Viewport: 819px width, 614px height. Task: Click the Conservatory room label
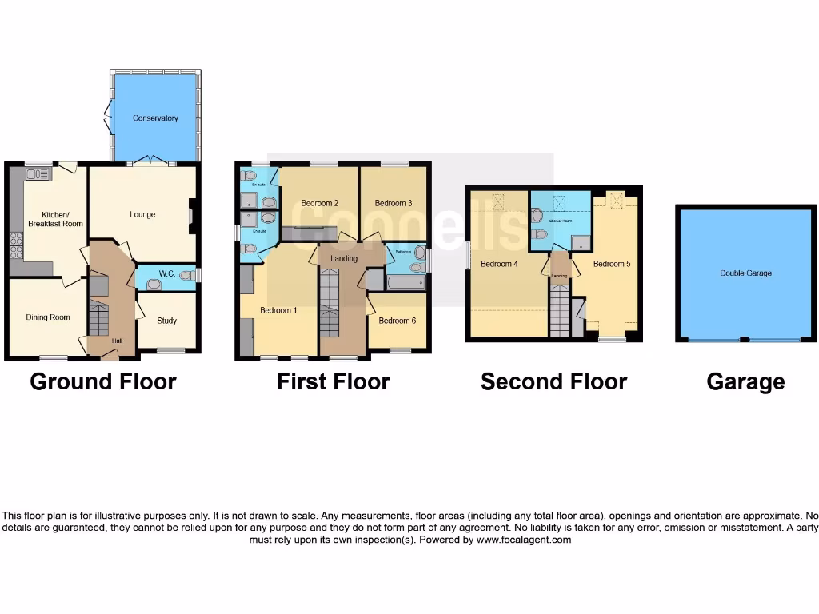155,118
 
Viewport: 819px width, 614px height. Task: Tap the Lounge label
142,214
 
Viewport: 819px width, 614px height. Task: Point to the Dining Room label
48,317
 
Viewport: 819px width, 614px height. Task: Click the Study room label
166,321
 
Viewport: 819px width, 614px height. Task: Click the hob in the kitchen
15,244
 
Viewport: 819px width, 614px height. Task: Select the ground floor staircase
97,318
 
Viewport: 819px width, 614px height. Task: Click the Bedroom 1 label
278,310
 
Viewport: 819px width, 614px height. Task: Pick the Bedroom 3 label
394,203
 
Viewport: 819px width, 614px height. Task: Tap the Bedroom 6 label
397,321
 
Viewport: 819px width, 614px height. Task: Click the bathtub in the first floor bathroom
406,282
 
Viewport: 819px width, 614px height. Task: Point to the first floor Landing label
344,258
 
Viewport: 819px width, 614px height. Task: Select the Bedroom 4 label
499,263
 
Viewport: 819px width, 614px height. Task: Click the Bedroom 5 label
612,263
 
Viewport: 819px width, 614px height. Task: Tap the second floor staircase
560,313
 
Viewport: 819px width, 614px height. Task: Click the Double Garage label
745,273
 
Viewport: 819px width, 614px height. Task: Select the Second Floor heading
553,382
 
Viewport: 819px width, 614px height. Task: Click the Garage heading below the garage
745,382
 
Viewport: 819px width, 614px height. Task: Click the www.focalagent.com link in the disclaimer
523,540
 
